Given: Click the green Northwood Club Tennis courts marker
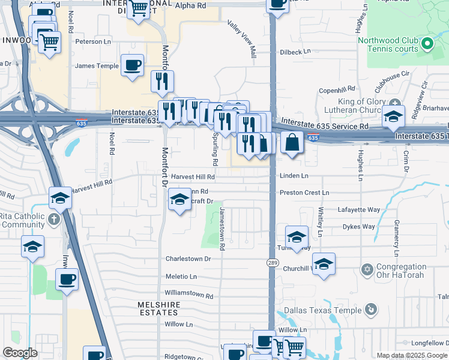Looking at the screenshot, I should coord(427,43).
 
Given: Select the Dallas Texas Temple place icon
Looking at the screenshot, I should coord(372,310).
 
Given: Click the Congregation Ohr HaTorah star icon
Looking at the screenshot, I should coord(367,268).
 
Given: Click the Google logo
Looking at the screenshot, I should coord(20,352).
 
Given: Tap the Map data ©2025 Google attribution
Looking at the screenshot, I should coord(412,355).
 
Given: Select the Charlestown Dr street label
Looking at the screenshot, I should coord(188,259).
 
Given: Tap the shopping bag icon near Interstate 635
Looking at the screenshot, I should coord(292,143).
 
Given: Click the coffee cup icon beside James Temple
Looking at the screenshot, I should coord(132,65).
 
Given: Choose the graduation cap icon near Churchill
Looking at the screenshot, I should coord(324,264).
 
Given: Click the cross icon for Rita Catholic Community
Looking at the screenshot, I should coord(53,218).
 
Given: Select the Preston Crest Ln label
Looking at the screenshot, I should coord(304,193).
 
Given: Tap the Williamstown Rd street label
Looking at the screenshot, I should coord(188,296).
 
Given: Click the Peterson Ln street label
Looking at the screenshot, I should coord(93,42).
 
